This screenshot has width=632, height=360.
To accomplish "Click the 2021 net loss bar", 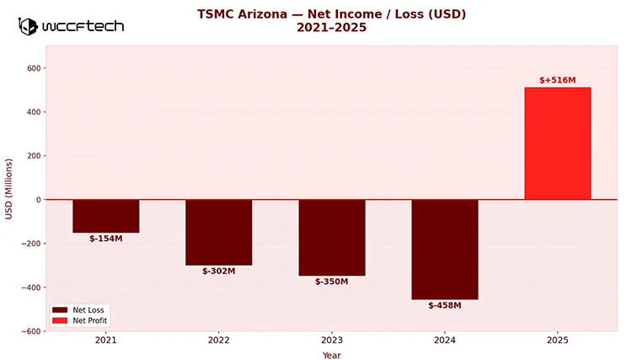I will (x=106, y=216).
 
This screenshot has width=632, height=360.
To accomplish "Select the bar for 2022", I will (x=219, y=232).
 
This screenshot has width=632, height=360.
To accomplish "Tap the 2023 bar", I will (x=332, y=237).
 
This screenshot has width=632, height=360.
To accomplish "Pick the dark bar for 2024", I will (x=445, y=250).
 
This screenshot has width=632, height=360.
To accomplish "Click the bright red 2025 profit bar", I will (x=558, y=143).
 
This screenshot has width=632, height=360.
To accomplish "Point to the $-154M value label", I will (x=106, y=239).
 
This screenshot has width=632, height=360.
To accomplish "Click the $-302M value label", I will (x=219, y=271).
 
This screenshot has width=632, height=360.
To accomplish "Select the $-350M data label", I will (x=332, y=282).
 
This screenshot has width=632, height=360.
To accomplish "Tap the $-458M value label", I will (x=445, y=305).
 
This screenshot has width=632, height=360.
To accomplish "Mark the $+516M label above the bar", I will (x=558, y=80).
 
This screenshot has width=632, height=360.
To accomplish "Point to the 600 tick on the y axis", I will (x=34, y=68).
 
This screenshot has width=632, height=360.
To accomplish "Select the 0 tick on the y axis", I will (x=38, y=200).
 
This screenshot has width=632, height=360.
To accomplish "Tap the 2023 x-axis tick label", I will (x=332, y=341).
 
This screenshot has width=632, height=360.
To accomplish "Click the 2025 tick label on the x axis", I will (x=558, y=341).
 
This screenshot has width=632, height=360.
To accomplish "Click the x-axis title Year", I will (x=332, y=355).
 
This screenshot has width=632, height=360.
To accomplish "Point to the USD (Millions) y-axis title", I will (x=9, y=189).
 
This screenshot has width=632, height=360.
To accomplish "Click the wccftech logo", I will (x=72, y=26).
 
